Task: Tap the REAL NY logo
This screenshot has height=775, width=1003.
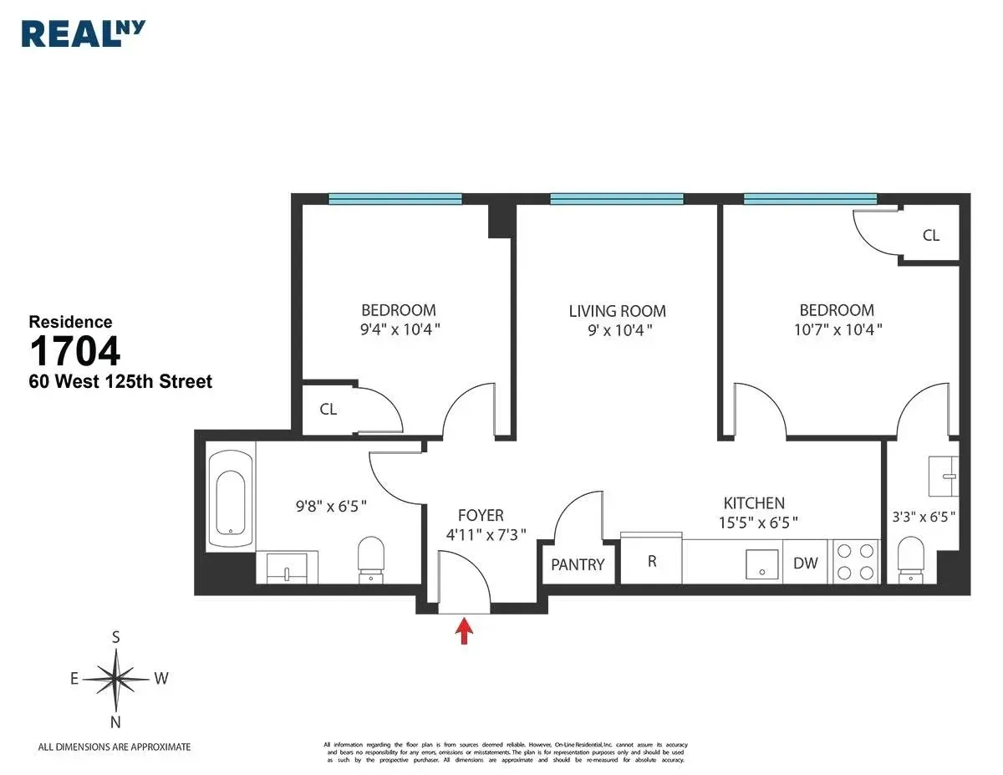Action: point(84,33)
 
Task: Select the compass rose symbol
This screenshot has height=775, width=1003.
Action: point(116,678)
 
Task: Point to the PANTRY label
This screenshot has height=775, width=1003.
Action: point(578,564)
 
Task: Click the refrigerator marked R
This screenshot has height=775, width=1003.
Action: point(651,561)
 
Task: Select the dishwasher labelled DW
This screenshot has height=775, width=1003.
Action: point(805,563)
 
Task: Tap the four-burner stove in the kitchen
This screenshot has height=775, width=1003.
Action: point(857,561)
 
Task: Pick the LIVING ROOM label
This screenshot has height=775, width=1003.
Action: point(617,311)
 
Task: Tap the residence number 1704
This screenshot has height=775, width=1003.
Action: point(75,351)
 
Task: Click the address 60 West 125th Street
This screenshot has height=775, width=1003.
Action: point(120,382)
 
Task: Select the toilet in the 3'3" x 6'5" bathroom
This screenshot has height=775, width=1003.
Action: point(909,558)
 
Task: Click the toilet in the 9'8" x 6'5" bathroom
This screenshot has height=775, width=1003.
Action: point(369,558)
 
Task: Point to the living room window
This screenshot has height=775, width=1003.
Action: point(617,199)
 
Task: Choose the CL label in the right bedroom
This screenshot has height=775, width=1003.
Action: point(930,236)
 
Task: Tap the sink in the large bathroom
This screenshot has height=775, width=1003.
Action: point(286,568)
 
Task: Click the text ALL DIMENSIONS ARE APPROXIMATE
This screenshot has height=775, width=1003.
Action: point(115,747)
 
